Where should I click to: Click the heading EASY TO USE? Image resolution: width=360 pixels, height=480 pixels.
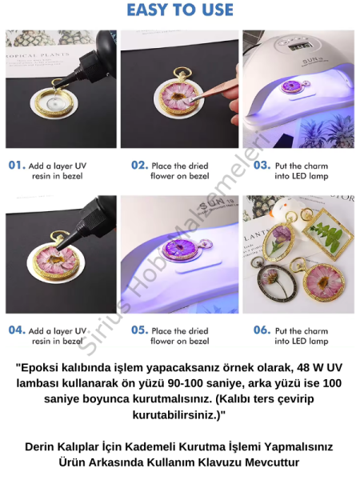click(x=180, y=10)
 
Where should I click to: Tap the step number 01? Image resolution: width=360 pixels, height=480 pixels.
click(x=17, y=166)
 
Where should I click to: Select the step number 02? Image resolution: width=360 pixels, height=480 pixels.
click(x=139, y=166)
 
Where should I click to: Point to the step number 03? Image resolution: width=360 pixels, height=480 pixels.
click(x=262, y=166)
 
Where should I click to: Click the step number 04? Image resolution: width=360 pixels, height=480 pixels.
click(x=17, y=330)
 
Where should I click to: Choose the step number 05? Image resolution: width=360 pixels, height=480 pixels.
click(x=139, y=330)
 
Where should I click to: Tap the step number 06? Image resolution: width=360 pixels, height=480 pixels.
click(x=262, y=330)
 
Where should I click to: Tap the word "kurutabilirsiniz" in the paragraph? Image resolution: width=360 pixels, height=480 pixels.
click(x=178, y=415)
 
